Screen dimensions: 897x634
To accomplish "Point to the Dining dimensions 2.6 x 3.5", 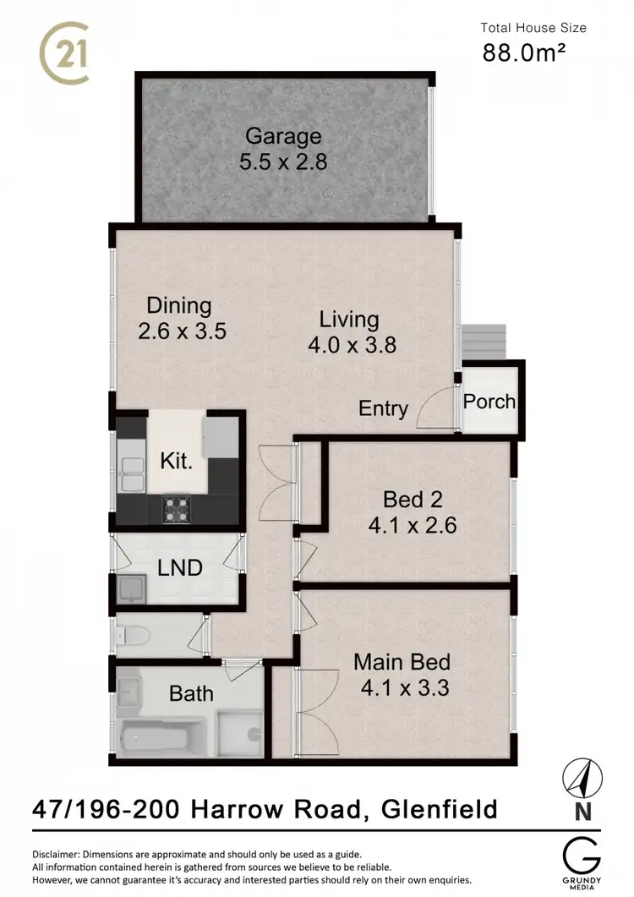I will pyautogui.click(x=182, y=331).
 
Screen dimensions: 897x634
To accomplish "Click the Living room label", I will pyautogui.click(x=348, y=319).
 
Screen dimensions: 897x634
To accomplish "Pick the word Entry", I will pyautogui.click(x=383, y=408).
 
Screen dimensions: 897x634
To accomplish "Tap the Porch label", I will pyautogui.click(x=489, y=401).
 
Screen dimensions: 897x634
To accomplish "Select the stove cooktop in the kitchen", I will pyautogui.click(x=177, y=508).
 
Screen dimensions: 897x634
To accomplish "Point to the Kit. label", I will pyautogui.click(x=178, y=462).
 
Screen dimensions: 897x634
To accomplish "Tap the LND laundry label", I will pyautogui.click(x=180, y=567).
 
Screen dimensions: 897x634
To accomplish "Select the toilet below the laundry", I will pyautogui.click(x=135, y=635).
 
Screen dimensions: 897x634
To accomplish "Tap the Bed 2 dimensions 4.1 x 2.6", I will pyautogui.click(x=412, y=525).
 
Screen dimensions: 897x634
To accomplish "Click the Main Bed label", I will pyautogui.click(x=402, y=661).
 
